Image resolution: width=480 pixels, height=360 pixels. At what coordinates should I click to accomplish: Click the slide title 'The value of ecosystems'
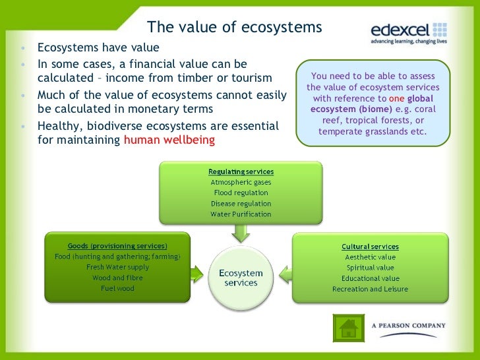(x=234, y=28)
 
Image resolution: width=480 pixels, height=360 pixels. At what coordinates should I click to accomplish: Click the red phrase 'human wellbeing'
(x=169, y=140)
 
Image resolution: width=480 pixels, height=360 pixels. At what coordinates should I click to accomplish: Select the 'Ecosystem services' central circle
(x=241, y=278)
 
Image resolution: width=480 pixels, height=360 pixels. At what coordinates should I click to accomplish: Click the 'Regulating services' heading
(x=241, y=171)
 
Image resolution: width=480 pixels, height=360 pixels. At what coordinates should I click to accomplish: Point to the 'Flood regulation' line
(x=241, y=193)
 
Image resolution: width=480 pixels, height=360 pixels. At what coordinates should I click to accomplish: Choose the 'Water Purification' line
(x=241, y=214)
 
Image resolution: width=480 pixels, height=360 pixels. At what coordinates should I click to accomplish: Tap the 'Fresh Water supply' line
(x=117, y=267)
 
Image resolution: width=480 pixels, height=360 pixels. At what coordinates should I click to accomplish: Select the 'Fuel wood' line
(x=117, y=288)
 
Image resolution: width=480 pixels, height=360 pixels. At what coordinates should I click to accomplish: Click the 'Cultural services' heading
(x=370, y=247)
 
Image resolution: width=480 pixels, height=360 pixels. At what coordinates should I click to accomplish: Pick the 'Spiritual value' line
(x=370, y=268)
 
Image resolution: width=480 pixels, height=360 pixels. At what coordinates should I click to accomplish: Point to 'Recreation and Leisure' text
(x=370, y=289)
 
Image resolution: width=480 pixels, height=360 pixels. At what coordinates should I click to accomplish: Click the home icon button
(x=347, y=328)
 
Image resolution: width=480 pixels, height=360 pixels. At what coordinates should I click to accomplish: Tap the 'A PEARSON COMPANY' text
(x=408, y=326)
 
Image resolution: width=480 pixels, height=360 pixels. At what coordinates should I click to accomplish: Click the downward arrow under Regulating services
(x=241, y=232)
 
